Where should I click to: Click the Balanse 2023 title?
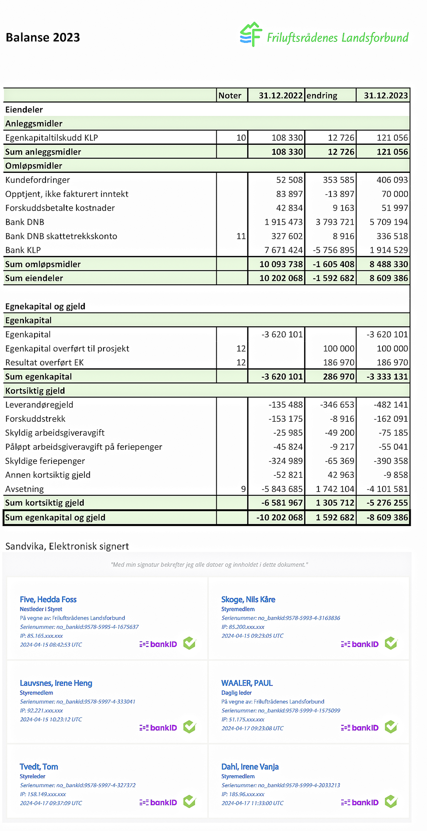[x=43, y=37]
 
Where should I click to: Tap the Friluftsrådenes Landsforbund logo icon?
[x=251, y=34]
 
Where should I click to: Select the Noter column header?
[x=230, y=96]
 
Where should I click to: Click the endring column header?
[x=322, y=96]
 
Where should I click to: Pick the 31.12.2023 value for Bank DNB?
[x=389, y=222]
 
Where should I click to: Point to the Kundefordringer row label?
[x=38, y=180]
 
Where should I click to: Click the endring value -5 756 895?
[x=333, y=250]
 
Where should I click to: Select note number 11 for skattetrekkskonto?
[x=241, y=236]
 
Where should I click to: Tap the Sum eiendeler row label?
[x=34, y=278]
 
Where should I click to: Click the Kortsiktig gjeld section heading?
[x=35, y=391]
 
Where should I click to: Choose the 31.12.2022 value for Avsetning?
[x=282, y=489]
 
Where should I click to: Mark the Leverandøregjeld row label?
[x=39, y=405]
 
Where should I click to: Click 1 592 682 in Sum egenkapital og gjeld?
[x=335, y=518]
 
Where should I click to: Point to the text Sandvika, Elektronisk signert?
[x=67, y=546]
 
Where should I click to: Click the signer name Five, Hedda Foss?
[x=48, y=600]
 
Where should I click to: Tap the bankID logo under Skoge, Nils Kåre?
[x=360, y=644]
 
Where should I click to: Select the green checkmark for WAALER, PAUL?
[x=391, y=727]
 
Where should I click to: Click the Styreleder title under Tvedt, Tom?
[x=32, y=776]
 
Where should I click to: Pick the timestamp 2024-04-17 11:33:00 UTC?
[x=252, y=803]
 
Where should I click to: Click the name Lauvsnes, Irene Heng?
[x=56, y=683]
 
